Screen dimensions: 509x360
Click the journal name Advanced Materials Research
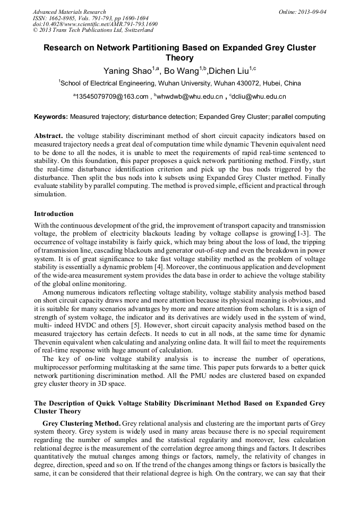tap(69, 12)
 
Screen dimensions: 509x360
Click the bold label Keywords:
tap(51, 116)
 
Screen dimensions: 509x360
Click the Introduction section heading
tap(54, 214)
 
